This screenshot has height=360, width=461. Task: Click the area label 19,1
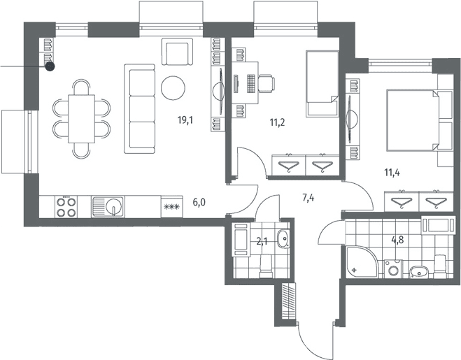[185, 120]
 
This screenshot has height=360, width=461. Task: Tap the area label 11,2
[277, 122]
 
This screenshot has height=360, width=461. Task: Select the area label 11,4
[392, 173]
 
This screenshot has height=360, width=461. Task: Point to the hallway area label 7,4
[308, 199]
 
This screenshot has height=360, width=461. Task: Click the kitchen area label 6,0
[199, 202]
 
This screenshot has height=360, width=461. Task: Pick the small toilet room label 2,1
[262, 242]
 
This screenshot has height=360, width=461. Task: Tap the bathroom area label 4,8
[397, 240]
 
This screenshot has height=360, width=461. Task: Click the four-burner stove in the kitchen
[66, 207]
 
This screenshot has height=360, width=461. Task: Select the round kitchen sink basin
[114, 205]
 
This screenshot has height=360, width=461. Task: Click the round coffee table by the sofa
[173, 88]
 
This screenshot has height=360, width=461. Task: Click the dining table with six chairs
[81, 119]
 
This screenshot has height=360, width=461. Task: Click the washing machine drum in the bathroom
[392, 271]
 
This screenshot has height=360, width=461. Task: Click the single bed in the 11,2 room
[322, 84]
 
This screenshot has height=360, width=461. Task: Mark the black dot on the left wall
[50, 67]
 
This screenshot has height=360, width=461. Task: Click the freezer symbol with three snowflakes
[171, 207]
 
